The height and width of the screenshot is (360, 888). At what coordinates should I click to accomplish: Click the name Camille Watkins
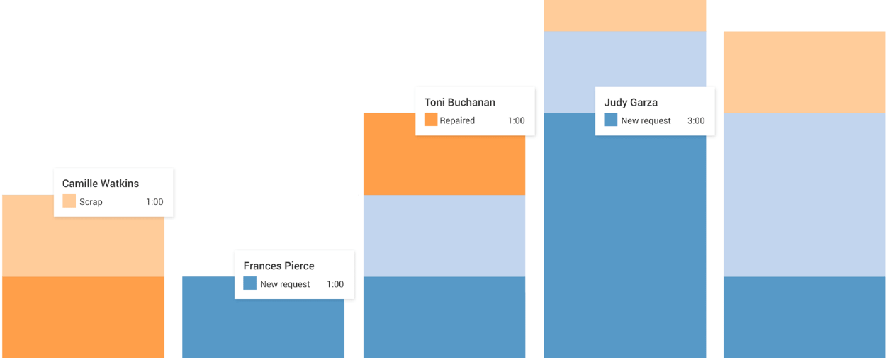point(101,184)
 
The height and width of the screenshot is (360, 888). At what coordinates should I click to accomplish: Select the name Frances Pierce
point(279,266)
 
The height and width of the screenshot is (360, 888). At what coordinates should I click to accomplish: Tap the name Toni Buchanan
point(460,102)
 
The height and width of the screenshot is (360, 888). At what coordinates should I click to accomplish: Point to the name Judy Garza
point(631,102)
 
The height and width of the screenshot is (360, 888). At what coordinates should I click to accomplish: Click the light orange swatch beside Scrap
point(69,201)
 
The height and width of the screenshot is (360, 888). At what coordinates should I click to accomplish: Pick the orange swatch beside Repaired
point(431,120)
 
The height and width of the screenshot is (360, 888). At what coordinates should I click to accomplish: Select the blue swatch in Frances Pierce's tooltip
point(249,283)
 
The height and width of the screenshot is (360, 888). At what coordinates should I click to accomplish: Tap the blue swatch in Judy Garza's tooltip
point(610,120)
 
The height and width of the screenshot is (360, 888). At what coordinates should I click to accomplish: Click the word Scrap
point(91,202)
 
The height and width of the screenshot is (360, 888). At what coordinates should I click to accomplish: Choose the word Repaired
point(457,120)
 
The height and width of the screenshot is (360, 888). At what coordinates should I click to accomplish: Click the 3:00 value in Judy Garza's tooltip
point(696,120)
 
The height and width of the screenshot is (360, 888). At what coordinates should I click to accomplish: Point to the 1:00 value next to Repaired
point(516,120)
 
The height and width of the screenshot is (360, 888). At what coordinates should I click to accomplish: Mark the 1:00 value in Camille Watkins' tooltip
point(154,202)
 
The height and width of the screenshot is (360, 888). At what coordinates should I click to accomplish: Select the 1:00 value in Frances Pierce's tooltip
point(335,284)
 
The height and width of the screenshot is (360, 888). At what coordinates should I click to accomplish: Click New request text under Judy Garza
point(646,120)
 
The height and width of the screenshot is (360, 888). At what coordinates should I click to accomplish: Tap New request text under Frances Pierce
point(285,284)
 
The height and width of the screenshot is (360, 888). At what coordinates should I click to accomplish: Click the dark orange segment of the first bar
point(83,317)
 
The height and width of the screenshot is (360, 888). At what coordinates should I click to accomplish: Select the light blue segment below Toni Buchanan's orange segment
point(444,235)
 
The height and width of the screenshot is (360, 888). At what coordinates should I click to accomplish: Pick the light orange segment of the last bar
point(804,72)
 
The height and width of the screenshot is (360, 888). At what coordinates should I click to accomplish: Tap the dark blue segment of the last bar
point(804,317)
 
